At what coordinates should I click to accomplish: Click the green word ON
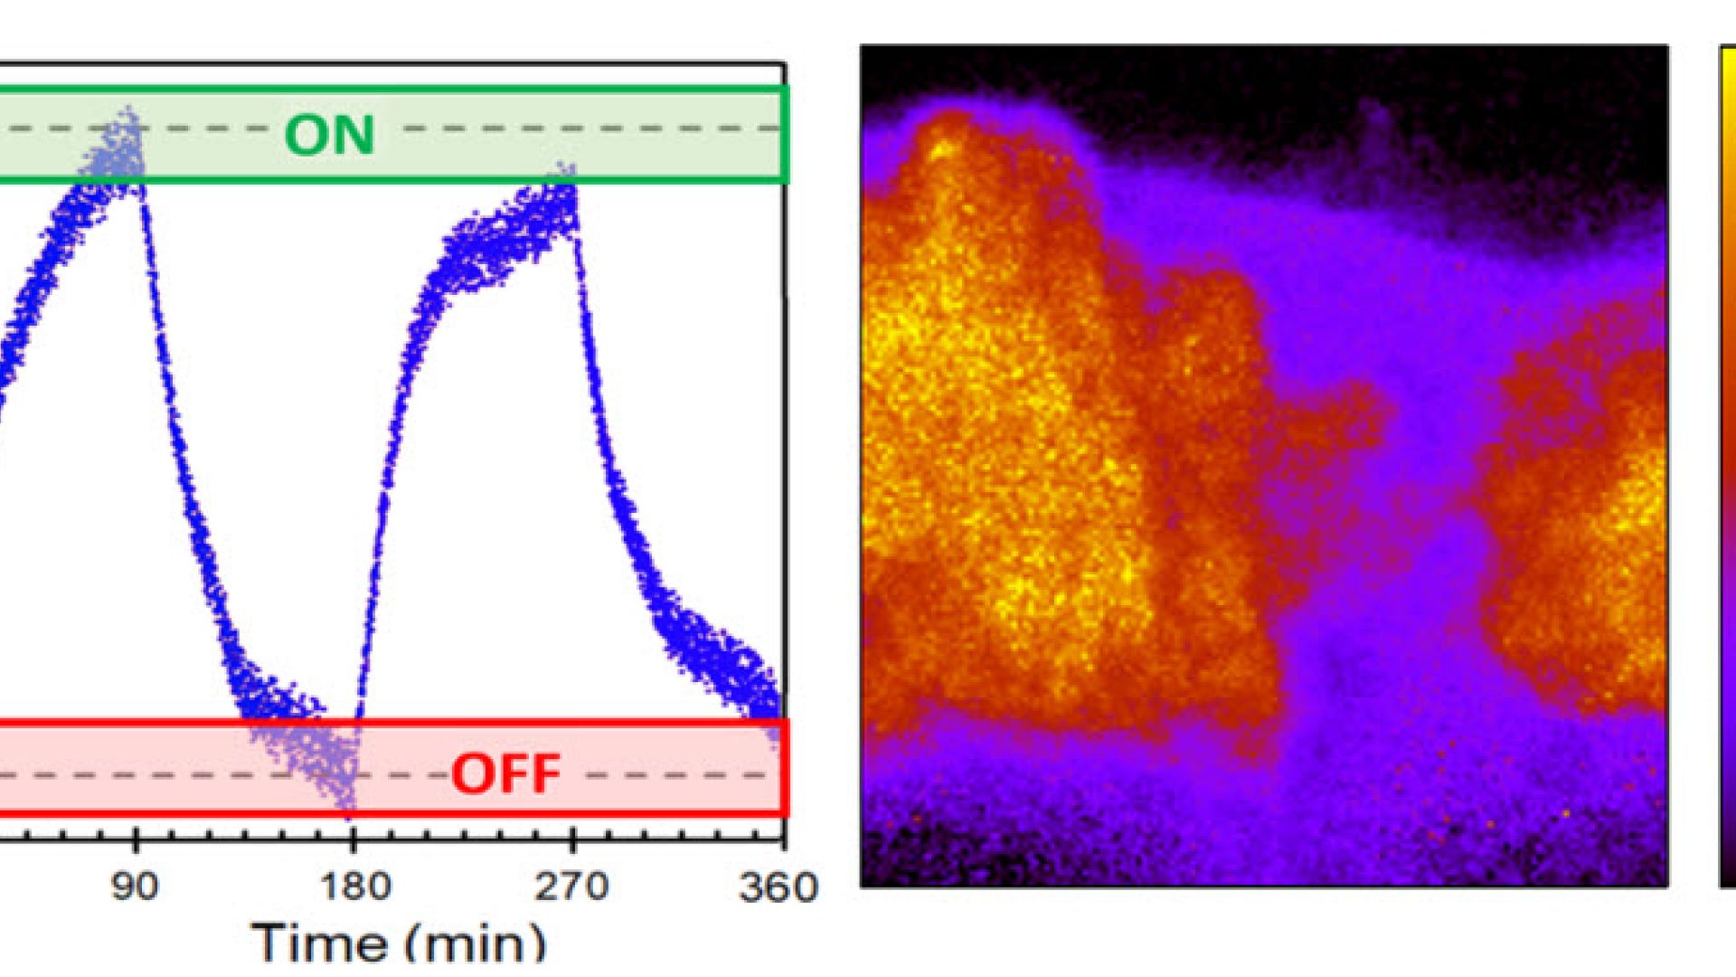click(329, 135)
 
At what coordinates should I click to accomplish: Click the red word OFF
click(505, 774)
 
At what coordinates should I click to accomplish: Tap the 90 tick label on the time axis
click(136, 887)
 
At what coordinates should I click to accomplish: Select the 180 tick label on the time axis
click(355, 887)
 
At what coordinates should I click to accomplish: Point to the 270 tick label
click(571, 887)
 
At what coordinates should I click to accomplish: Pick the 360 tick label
click(778, 887)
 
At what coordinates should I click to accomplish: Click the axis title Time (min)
click(399, 943)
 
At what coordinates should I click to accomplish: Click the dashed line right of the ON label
click(588, 128)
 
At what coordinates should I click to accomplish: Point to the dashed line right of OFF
click(678, 775)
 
